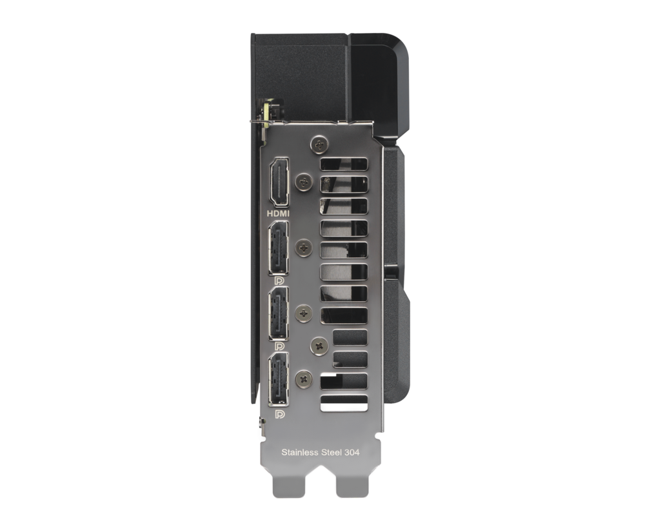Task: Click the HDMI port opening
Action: pyautogui.click(x=279, y=182)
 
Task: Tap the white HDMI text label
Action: pyautogui.click(x=278, y=213)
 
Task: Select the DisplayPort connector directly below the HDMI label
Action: pyautogui.click(x=279, y=248)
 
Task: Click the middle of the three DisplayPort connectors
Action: pyautogui.click(x=279, y=313)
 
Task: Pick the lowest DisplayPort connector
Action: pyautogui.click(x=279, y=379)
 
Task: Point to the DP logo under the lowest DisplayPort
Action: pyautogui.click(x=280, y=413)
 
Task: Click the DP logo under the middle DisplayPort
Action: pyautogui.click(x=280, y=346)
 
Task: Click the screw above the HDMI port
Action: pyautogui.click(x=319, y=144)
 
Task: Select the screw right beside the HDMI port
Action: pyautogui.click(x=304, y=181)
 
